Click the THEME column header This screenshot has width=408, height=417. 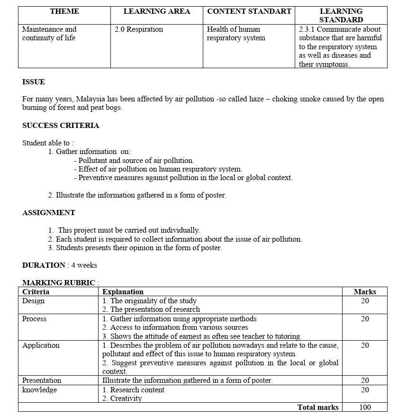[64, 11]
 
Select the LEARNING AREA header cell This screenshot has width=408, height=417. [157, 11]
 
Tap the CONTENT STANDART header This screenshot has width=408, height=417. [249, 11]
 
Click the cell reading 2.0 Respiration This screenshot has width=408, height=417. [139, 29]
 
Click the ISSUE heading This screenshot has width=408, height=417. [34, 82]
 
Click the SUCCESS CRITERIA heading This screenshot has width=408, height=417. [61, 126]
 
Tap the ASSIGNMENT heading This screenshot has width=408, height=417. [49, 213]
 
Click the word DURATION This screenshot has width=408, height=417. [44, 265]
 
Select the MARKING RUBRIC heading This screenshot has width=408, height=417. [59, 283]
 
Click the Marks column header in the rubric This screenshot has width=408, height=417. [365, 292]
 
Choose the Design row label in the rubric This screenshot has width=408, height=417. [33, 301]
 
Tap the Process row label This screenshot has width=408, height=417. [34, 319]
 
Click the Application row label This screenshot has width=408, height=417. [41, 345]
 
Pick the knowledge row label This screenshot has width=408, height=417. [39, 390]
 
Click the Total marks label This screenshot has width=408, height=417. [318, 408]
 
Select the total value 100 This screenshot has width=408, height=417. [365, 408]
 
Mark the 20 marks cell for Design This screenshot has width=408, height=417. [365, 301]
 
